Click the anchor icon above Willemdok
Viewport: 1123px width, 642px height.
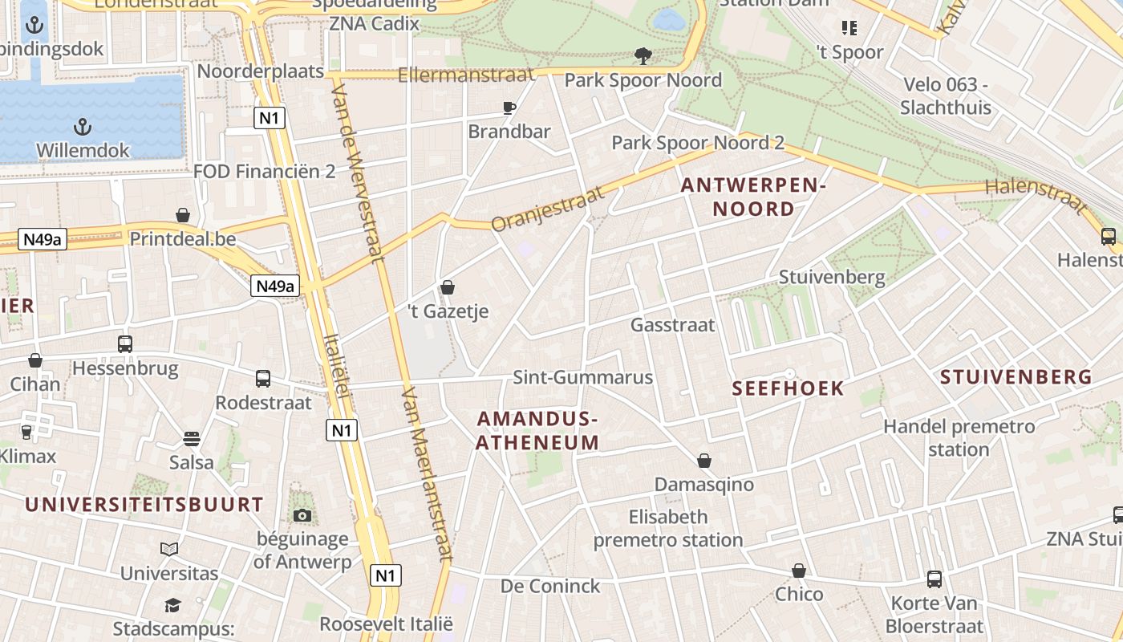[81, 126]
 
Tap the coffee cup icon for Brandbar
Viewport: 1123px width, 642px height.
[509, 108]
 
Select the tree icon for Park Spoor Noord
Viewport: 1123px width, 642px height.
[643, 55]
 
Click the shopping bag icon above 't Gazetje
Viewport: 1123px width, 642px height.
[448, 287]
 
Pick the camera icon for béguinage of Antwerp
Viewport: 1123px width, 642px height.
[302, 515]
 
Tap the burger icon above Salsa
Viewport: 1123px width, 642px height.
[191, 439]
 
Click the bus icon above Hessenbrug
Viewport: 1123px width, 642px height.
[125, 344]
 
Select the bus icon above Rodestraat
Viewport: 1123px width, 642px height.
[263, 379]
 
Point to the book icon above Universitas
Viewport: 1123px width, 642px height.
[169, 550]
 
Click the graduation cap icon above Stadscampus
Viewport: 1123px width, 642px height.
[172, 604]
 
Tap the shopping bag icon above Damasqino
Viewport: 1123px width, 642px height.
[704, 461]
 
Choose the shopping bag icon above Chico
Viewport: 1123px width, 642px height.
[799, 571]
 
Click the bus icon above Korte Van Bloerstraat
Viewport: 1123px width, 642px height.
[934, 579]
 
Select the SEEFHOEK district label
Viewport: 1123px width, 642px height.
[789, 389]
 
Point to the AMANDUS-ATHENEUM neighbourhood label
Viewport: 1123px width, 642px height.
[537, 431]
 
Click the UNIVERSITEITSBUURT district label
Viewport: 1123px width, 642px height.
[144, 505]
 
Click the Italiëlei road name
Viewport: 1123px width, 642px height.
[338, 365]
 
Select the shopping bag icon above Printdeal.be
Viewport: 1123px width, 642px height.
[183, 215]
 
